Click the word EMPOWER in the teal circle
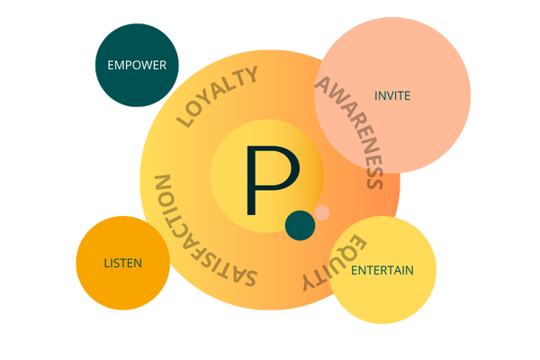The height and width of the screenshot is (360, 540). point(137,65)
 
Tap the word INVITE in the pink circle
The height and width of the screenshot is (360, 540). point(392,94)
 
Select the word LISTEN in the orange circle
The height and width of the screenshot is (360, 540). point(122,263)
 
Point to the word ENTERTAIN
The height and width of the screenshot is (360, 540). point(382,270)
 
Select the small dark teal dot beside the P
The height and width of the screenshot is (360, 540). point(300,226)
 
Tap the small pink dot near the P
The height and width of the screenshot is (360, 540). point(321,213)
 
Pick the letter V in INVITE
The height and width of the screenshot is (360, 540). point(388,94)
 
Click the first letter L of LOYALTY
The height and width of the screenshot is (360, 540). point(187,120)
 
